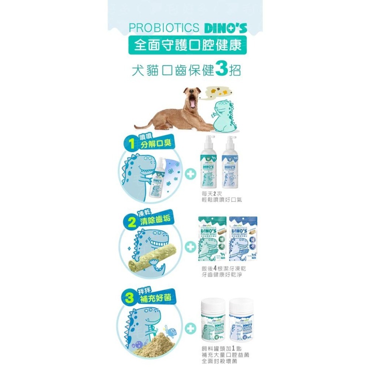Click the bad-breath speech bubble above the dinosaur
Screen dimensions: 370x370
212,93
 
